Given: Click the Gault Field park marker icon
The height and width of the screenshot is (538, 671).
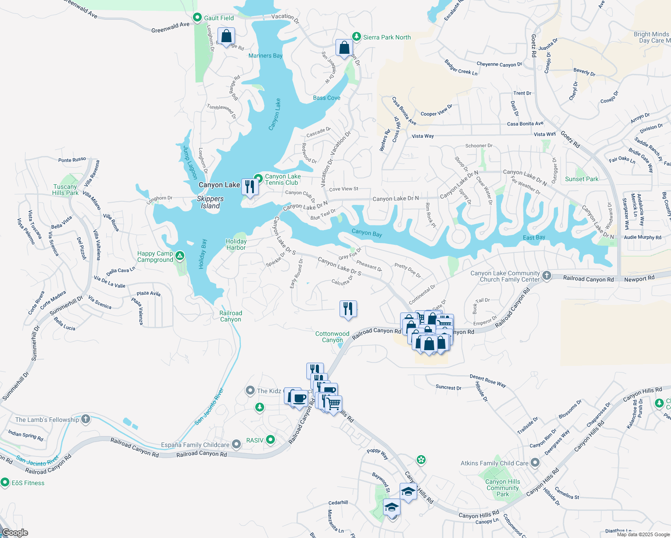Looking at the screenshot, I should point(197,17).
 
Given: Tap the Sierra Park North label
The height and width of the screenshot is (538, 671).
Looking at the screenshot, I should point(387,37).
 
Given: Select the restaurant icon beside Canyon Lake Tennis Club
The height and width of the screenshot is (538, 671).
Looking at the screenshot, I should point(250,187).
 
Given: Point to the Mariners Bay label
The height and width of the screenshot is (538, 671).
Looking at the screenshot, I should point(266,56).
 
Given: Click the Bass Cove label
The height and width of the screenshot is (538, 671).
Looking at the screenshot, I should point(327,98).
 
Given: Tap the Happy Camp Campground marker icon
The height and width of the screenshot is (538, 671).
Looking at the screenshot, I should point(180,256).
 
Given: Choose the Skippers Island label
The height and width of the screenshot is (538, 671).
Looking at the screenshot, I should point(210,202).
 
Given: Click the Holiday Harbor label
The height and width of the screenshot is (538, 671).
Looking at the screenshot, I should point(236,244).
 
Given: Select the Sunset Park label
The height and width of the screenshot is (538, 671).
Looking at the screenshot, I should point(582,179).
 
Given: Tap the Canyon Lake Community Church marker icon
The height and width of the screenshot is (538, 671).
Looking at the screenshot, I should point(546,275).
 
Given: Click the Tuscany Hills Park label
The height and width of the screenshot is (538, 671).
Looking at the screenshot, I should point(65,190).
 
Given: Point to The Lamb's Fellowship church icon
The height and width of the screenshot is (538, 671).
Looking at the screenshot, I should point(86,419).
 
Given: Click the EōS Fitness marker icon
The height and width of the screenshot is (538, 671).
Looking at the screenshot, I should point(5,482).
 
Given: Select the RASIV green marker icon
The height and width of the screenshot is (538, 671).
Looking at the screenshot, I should point(270,440).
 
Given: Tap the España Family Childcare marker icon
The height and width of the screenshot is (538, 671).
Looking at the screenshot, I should point(236,444).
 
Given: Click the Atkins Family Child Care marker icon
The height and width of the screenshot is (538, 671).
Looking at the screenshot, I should point(535,463).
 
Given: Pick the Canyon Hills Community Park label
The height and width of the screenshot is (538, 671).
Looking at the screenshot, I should point(503,488).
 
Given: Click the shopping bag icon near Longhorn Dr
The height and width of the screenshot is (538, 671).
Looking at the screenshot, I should point(226,36).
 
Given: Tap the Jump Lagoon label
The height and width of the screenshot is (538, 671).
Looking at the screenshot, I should point(190,162).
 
